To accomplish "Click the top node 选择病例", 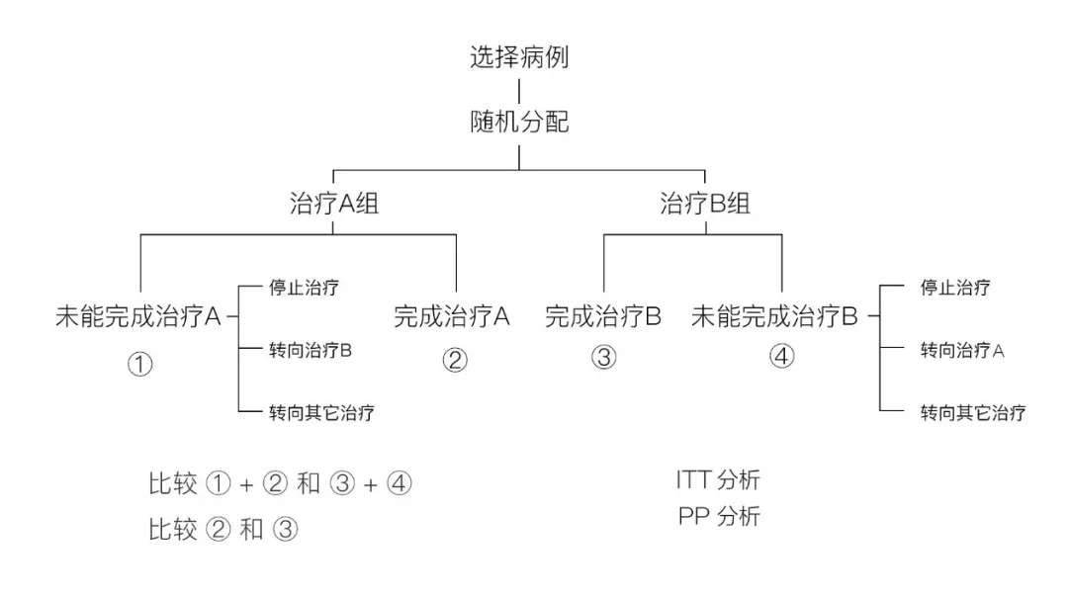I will [519, 57].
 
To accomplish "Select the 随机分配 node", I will [519, 123].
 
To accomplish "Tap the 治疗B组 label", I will [705, 206].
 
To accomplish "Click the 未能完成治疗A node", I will [137, 317].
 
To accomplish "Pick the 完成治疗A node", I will [452, 317].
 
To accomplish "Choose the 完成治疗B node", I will [603, 317].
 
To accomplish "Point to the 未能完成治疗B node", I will [774, 317].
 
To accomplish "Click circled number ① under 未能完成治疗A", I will [139, 364].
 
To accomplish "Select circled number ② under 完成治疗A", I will [454, 360].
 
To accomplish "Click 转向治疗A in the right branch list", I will [962, 350].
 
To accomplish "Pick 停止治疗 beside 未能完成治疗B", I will [955, 288].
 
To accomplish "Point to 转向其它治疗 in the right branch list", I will [972, 412].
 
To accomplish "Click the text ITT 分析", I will [718, 481].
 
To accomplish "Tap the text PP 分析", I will [718, 516].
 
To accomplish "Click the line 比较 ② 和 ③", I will [222, 531].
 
